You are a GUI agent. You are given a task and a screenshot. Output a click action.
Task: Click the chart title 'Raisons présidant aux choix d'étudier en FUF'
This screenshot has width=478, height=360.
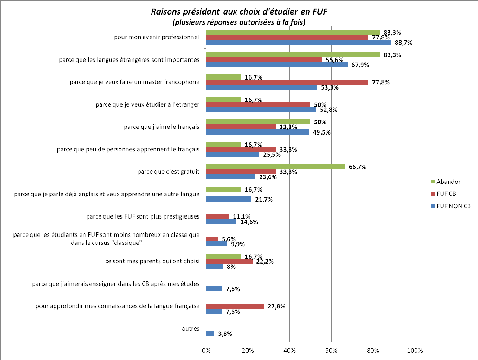(239, 12)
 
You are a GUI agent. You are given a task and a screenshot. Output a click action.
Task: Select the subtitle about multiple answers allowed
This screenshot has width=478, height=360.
(239, 22)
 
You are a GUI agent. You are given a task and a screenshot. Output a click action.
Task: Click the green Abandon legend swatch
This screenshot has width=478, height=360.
(433, 182)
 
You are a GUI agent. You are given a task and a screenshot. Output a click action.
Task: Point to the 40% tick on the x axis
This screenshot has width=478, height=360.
(289, 351)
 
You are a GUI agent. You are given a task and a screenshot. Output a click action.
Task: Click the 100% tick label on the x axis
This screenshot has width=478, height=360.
(415, 351)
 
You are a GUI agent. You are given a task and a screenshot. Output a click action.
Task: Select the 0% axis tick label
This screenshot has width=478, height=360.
(206, 351)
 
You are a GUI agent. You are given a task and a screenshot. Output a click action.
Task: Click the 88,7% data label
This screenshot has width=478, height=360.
(403, 43)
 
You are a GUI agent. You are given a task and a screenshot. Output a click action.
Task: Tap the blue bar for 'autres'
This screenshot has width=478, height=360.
(210, 333)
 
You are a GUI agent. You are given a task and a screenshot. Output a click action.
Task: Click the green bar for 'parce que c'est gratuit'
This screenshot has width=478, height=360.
(276, 167)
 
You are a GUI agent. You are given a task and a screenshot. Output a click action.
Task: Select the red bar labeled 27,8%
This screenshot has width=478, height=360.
(235, 306)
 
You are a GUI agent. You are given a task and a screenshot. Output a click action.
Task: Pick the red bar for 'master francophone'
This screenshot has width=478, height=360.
(287, 82)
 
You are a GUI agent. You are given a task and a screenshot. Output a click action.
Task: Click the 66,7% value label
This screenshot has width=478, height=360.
(357, 167)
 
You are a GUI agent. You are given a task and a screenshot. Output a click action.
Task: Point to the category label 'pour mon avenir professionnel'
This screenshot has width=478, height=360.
(156, 37)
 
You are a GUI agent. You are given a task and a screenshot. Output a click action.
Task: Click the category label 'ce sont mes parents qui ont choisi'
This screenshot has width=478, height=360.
(152, 261)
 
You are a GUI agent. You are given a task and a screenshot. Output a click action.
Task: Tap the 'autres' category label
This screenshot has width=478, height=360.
(191, 329)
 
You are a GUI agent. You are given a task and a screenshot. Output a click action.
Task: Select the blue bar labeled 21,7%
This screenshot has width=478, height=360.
(228, 199)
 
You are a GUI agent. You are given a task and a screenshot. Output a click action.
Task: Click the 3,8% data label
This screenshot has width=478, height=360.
(225, 334)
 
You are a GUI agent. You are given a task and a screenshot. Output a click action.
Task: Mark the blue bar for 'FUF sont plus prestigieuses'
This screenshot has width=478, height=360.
(221, 222)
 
